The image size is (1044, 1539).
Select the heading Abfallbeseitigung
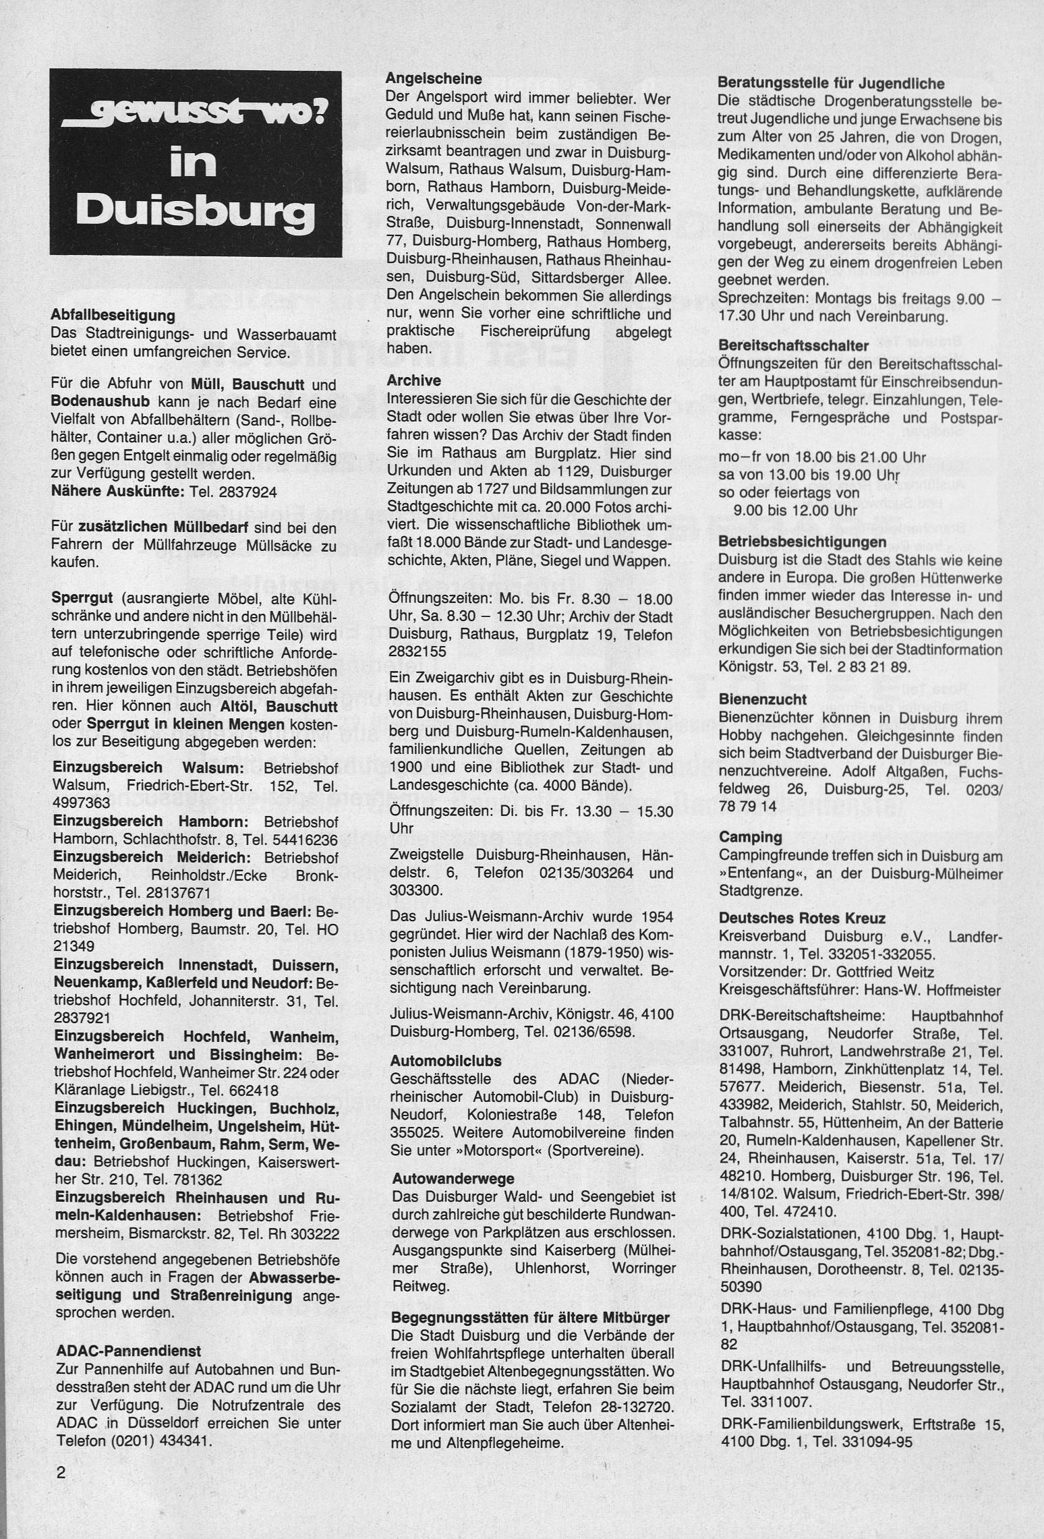pyautogui.click(x=113, y=315)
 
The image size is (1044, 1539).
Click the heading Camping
pyautogui.click(x=750, y=837)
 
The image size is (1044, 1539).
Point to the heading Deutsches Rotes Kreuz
pyautogui.click(x=802, y=918)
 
